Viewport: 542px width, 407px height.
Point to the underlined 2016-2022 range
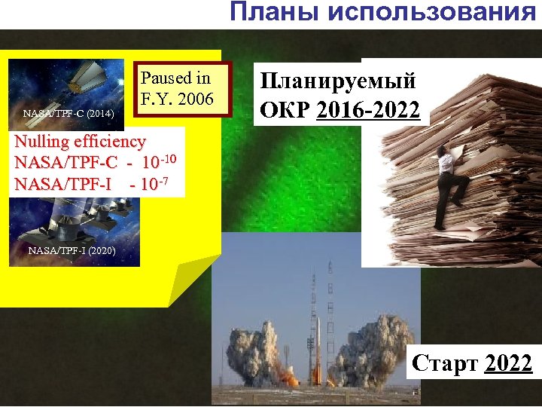point(368,110)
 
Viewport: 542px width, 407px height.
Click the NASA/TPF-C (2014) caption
point(69,115)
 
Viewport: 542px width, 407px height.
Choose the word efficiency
point(112,141)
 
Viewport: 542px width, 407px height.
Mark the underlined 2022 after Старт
point(509,364)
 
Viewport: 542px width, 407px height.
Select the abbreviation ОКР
point(285,110)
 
